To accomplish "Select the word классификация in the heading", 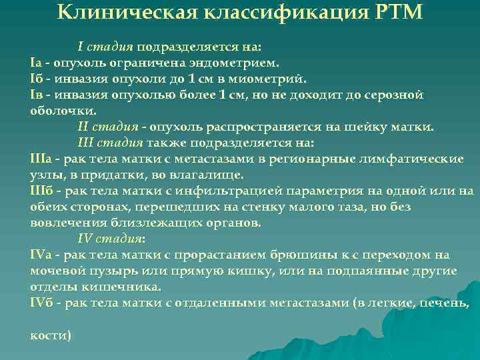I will pos(263,13).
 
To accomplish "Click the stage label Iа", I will pos(37,63).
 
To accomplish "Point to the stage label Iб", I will pos(37,79).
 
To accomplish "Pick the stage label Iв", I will pos(37,95).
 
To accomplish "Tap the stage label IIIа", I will pos(41,159).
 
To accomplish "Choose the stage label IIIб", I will pos(41,191).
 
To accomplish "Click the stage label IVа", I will pos(41,255).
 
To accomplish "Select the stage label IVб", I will pos(41,303).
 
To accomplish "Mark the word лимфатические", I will pos(420,159).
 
